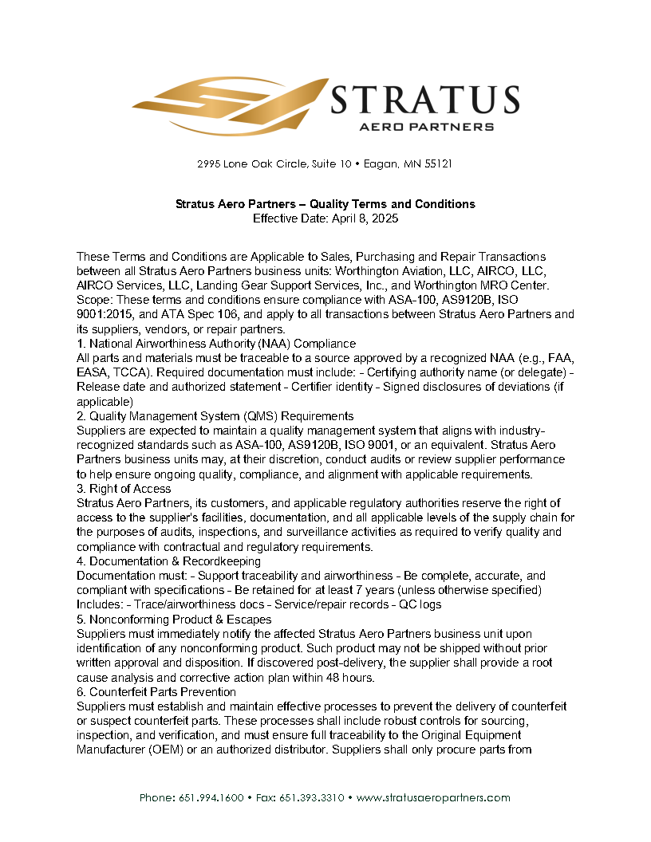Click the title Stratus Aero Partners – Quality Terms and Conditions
click(x=325, y=204)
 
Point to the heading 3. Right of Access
click(x=124, y=488)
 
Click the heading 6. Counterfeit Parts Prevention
click(x=156, y=691)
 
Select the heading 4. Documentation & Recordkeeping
click(x=168, y=561)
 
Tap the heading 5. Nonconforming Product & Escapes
click(x=174, y=620)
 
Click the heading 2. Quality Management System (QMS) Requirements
click(x=215, y=415)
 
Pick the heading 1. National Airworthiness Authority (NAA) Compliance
click(x=216, y=343)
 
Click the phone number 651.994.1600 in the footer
click(x=214, y=797)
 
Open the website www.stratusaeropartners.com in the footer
click(x=433, y=797)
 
